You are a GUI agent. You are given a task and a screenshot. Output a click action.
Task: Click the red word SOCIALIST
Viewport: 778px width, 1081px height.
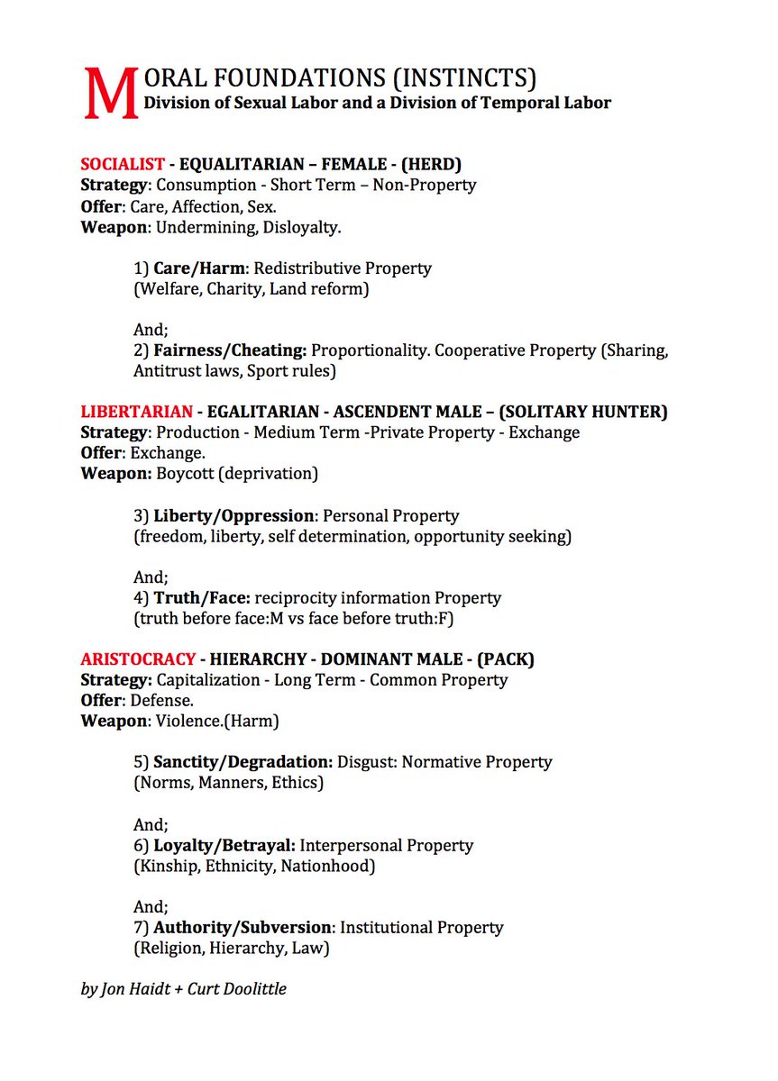123,164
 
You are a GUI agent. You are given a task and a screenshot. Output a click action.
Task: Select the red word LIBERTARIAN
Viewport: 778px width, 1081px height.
136,412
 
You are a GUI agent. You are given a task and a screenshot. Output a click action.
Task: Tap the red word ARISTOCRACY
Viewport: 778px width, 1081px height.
136,659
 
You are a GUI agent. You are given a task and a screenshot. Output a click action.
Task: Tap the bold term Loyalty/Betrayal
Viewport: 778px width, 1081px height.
224,845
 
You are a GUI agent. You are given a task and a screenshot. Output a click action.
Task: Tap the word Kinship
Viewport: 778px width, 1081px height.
166,866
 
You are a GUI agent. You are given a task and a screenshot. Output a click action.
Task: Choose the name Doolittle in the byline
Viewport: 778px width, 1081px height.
254,989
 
